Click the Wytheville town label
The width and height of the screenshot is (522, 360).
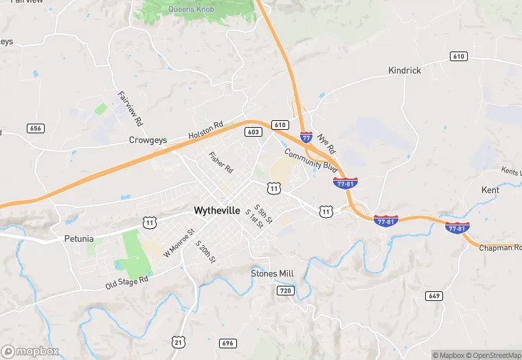pos(217,210)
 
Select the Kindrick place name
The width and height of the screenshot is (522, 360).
pos(405,70)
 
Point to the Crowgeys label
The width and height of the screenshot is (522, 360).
pos(148,140)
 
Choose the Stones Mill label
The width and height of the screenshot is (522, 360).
pos(272,273)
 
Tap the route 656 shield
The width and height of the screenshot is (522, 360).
pos(36,128)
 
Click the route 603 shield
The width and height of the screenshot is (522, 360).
pos(253,132)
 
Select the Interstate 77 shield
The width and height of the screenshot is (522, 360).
pos(306,139)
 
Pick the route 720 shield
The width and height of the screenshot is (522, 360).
pos(286,291)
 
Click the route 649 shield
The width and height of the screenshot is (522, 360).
pos(433,296)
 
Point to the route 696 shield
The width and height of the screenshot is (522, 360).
pos(228,343)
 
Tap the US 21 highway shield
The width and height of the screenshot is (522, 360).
pos(179,341)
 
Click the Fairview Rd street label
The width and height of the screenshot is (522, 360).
pos(130,109)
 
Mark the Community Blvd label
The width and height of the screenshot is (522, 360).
pos(311,161)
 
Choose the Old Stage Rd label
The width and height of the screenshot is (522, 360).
pos(127,282)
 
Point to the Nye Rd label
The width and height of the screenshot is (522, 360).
pos(327,144)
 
